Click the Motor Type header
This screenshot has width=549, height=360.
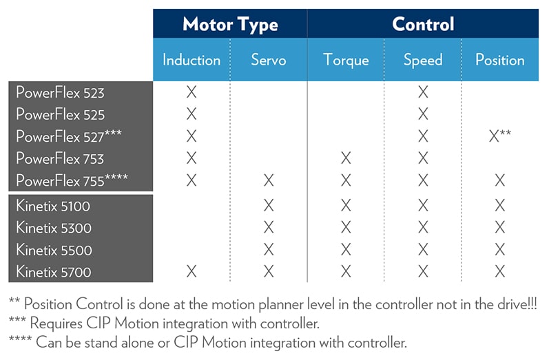click(x=230, y=25)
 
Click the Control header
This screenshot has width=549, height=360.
click(x=423, y=24)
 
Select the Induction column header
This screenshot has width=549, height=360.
click(x=191, y=60)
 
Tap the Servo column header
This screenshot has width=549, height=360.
click(x=269, y=60)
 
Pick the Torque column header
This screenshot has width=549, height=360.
click(x=346, y=60)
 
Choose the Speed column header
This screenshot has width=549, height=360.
click(x=423, y=60)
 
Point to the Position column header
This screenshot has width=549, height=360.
click(x=500, y=60)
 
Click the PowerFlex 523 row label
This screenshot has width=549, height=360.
click(x=60, y=93)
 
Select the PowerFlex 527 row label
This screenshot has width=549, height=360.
click(x=69, y=136)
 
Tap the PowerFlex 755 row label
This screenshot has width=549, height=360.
click(x=72, y=180)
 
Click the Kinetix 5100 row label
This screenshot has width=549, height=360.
click(x=53, y=206)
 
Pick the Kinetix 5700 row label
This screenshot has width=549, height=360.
click(x=54, y=272)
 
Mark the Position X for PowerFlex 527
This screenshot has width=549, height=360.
click(x=500, y=136)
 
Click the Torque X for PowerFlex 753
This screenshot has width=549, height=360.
click(x=346, y=158)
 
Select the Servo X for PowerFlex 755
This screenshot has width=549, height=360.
click(x=269, y=180)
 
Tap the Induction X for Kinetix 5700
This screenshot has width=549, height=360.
click(x=191, y=271)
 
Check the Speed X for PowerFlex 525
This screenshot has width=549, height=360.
click(x=423, y=114)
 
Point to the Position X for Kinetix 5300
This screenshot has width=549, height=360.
click(x=500, y=227)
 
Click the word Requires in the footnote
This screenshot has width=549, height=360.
click(x=56, y=324)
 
